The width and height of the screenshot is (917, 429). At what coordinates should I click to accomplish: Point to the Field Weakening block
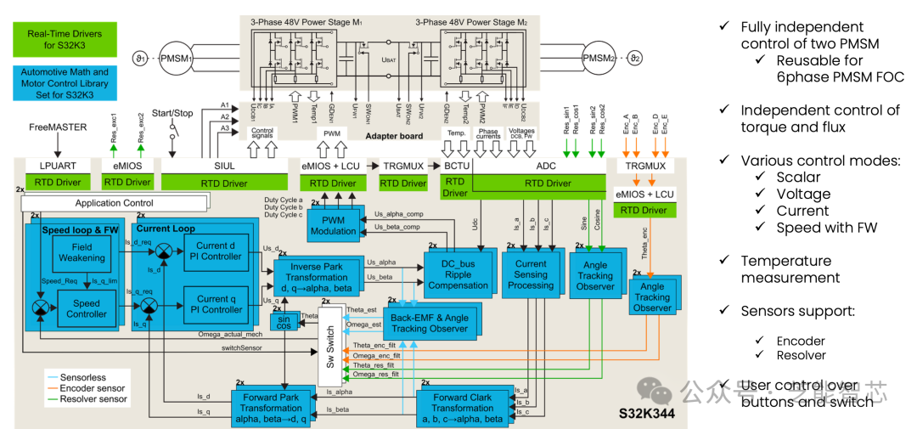click(x=82, y=251)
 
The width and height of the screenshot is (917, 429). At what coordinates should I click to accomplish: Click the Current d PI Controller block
click(x=219, y=251)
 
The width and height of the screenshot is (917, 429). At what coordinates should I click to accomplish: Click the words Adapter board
click(x=394, y=136)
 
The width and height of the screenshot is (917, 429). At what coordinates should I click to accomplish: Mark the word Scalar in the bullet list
click(x=798, y=177)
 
